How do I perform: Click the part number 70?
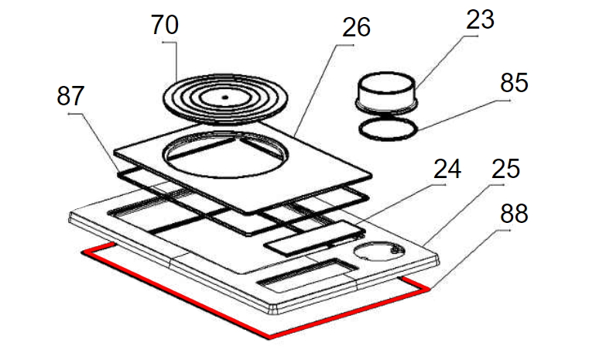click(x=165, y=25)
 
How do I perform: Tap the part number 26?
click(x=356, y=27)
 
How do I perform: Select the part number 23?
click(x=480, y=19)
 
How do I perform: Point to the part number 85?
click(x=514, y=83)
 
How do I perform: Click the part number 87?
click(x=70, y=96)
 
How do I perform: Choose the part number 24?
click(x=447, y=169)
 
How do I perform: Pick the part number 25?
click(x=506, y=169)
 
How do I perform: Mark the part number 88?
click(x=514, y=213)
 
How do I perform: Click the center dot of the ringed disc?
click(x=225, y=98)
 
